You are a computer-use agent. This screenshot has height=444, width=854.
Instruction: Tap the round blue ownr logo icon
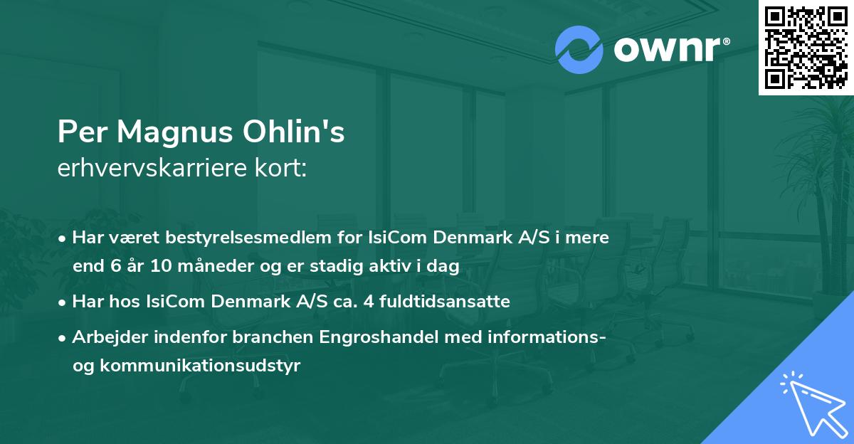579,49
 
